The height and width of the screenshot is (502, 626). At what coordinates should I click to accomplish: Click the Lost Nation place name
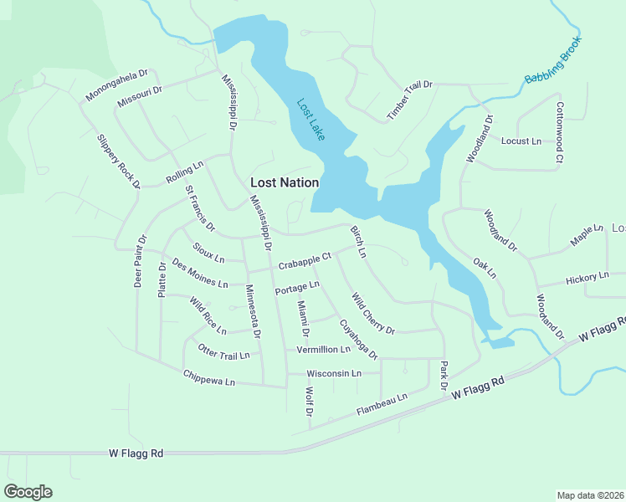pos(285,182)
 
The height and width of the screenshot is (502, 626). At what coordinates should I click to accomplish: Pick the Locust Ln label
pos(521,141)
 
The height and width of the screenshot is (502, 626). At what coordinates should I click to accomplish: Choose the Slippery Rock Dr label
pos(117,161)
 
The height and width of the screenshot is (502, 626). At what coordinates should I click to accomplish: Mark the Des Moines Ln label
pos(200,274)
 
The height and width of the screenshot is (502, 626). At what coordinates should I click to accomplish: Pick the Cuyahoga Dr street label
pos(358,339)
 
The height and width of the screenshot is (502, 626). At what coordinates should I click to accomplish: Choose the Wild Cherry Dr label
pos(372,312)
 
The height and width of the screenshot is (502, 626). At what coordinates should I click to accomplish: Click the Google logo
pos(28,492)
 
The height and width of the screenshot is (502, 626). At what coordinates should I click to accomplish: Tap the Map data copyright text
pos(591,495)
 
